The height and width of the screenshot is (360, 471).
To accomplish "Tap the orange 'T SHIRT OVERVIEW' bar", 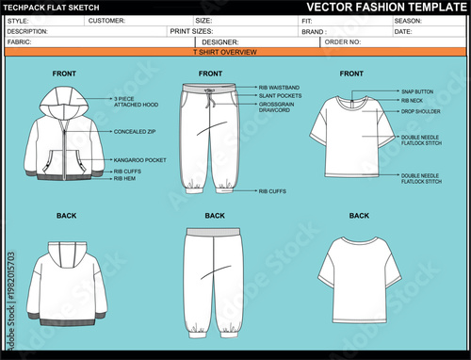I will point(235,53).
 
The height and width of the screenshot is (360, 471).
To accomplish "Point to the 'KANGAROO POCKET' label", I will point(138,160).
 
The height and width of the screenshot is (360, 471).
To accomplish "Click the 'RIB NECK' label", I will point(413,100).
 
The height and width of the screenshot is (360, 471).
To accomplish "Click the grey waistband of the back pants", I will point(215,231).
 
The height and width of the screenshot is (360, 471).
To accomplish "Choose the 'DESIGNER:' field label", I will point(220,42).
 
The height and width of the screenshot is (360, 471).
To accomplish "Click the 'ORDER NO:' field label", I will point(342,42).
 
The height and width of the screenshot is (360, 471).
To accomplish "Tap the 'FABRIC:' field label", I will point(20,42).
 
